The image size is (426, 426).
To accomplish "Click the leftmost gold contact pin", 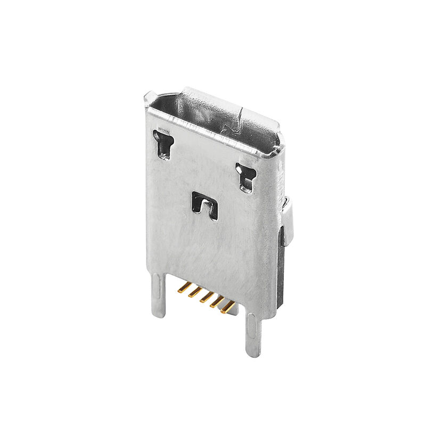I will [x=184, y=288].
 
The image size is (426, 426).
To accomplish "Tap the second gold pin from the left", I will [x=194, y=292].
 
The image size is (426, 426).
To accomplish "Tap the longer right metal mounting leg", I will [x=253, y=333].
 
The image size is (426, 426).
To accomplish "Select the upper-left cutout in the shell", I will [x=162, y=143].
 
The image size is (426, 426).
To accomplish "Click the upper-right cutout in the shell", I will [x=245, y=177].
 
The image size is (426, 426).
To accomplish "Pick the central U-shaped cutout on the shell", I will [x=204, y=204].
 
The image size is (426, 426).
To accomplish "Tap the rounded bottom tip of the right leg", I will [x=253, y=351].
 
